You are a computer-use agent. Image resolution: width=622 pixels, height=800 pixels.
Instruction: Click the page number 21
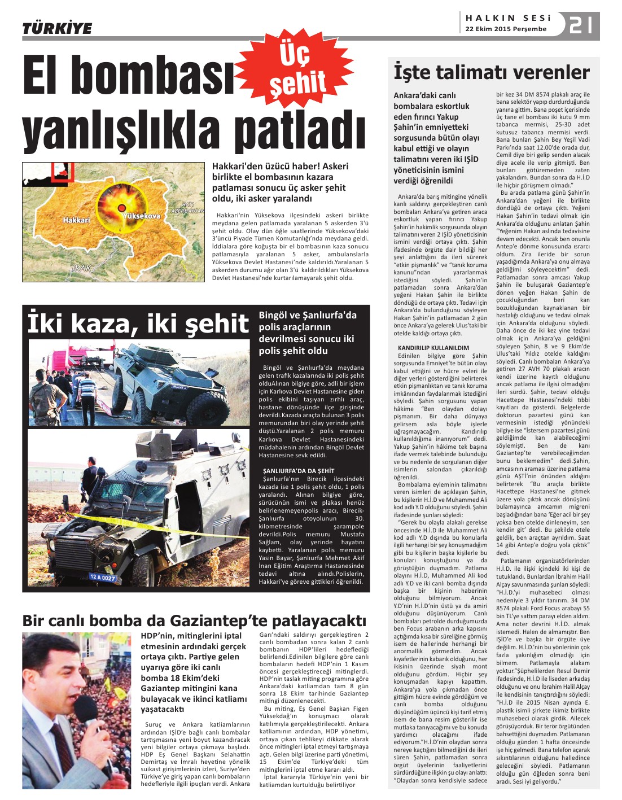coord(581,25)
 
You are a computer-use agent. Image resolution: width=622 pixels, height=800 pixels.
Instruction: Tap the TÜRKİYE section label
coord(57,28)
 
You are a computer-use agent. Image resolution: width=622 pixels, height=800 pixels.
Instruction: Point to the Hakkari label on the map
coord(76,220)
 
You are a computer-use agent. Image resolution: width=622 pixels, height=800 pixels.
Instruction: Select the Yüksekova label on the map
coord(141,216)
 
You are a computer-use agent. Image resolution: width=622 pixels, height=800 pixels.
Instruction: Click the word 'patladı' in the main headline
coord(305,132)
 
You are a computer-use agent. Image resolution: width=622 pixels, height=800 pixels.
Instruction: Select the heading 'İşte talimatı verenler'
coord(491,72)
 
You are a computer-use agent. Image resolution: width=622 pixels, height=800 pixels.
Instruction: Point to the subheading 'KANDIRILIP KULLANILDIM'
coord(433,348)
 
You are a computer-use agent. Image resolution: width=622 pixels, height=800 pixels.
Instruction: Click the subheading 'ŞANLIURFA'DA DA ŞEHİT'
coord(299,470)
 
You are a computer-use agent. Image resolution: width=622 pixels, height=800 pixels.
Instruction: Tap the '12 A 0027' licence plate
coord(102,578)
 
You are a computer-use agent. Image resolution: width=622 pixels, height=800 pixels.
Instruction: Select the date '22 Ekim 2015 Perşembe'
coord(506,29)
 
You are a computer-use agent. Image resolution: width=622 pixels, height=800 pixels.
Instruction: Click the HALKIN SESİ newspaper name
coord(507,18)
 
